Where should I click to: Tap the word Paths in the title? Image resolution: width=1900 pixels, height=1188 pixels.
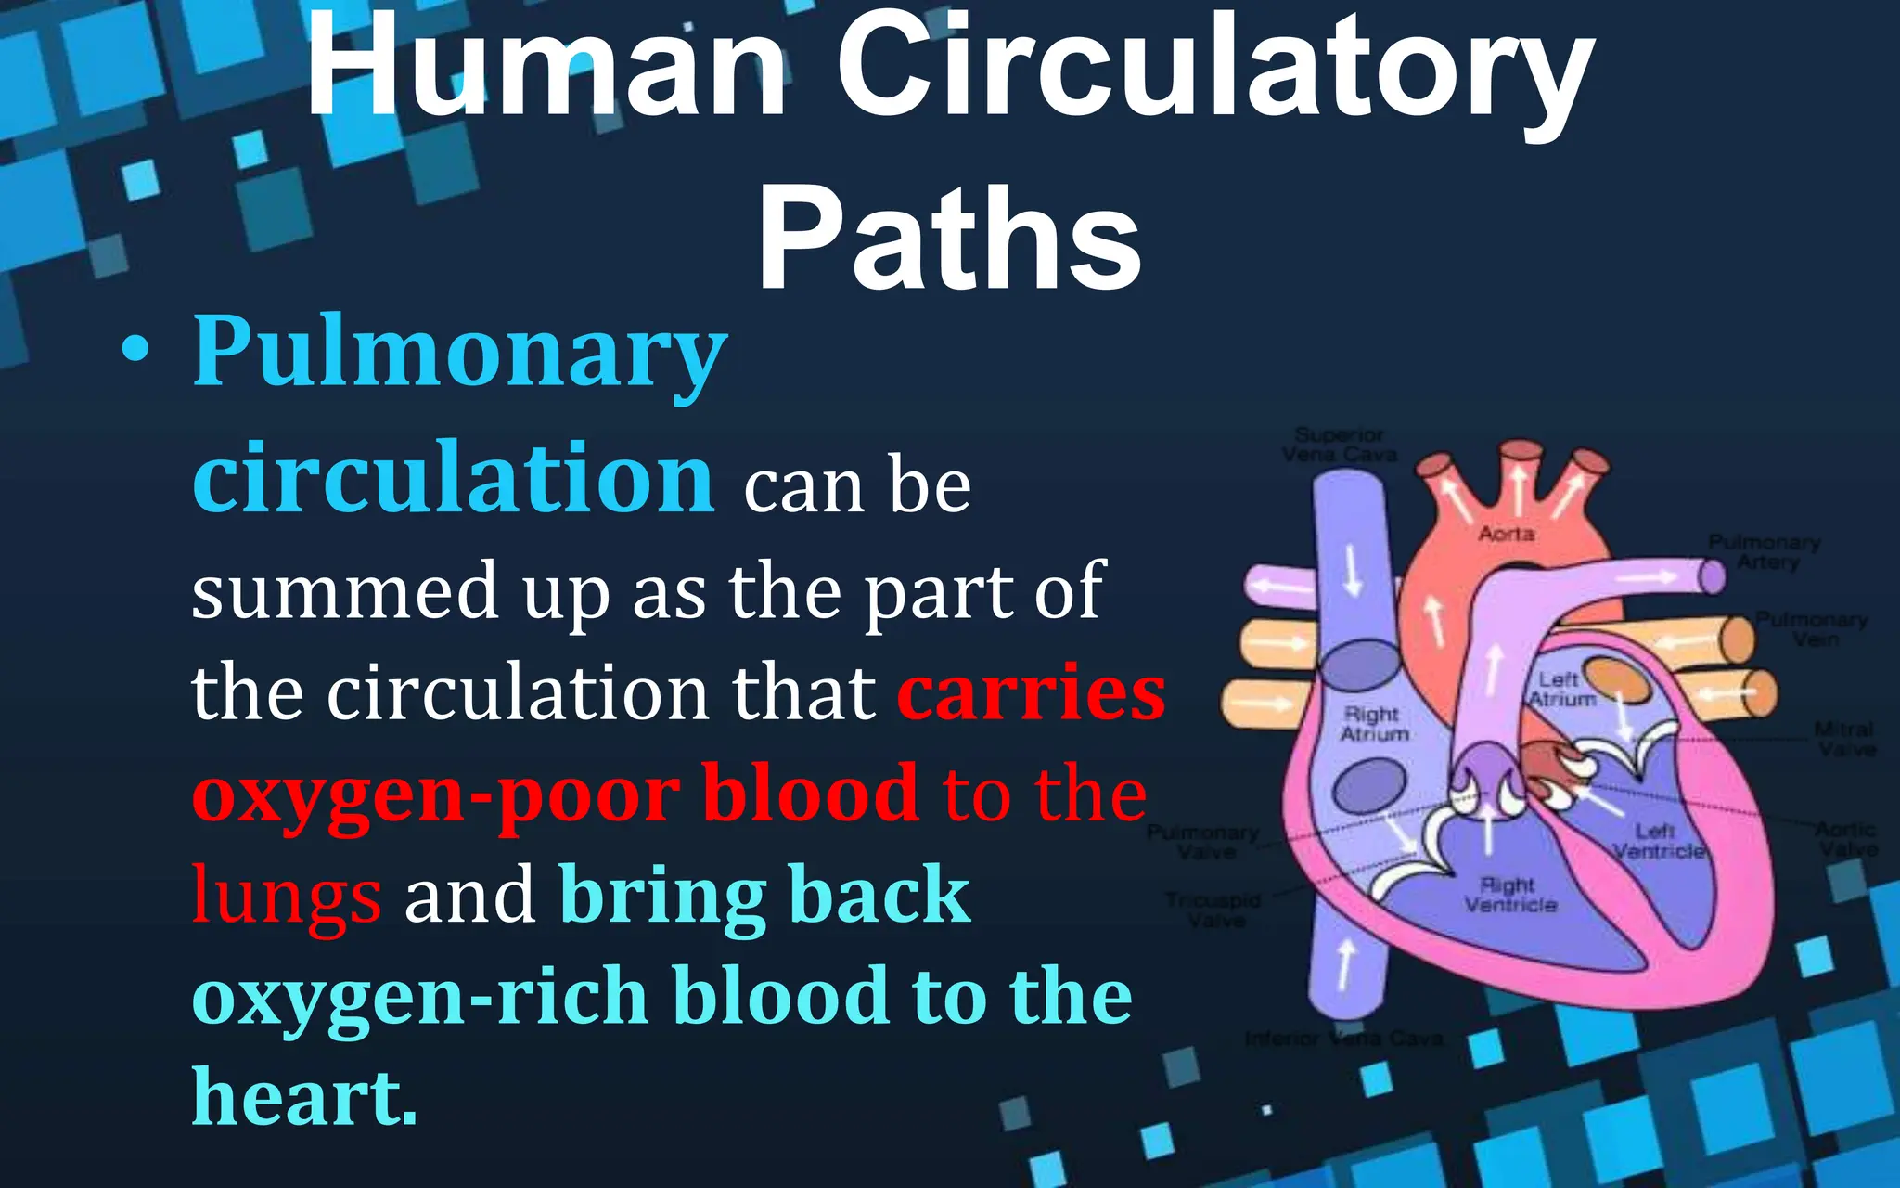[x=949, y=239]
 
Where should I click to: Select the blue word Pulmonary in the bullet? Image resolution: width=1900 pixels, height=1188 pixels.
[x=459, y=353]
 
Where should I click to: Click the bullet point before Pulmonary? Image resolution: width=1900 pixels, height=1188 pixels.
[x=135, y=353]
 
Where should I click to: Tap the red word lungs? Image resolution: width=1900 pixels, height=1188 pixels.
[x=286, y=896]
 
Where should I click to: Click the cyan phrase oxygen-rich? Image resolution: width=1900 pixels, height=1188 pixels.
[x=419, y=997]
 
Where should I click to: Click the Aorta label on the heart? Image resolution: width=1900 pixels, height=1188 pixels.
[x=1507, y=534]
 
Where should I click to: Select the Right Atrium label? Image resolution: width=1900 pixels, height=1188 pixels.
[x=1374, y=724]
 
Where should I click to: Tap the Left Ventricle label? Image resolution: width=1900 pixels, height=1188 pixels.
[x=1658, y=841]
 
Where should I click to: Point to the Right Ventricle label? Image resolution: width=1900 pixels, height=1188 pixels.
[x=1510, y=895]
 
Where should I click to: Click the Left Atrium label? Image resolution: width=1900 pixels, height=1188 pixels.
[x=1562, y=690]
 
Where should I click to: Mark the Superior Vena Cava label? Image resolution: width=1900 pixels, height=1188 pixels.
[x=1339, y=445]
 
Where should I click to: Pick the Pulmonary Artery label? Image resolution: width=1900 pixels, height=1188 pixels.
[x=1764, y=551]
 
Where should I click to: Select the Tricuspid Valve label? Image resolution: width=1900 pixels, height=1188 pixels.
[x=1213, y=910]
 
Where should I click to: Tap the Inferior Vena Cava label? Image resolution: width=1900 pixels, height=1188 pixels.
[x=1343, y=1039]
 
